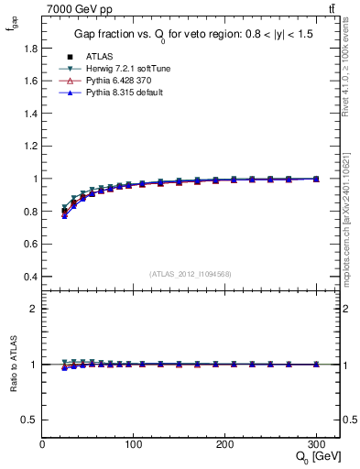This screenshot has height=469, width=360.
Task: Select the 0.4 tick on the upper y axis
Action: pos(31,277)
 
